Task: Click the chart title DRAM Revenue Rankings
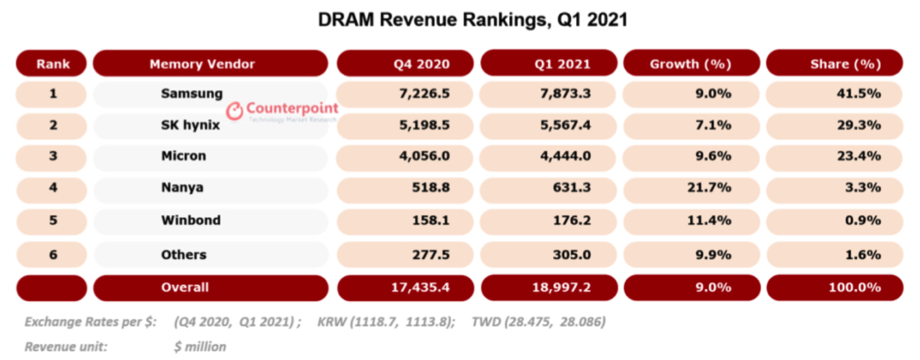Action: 459,18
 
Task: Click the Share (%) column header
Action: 834,63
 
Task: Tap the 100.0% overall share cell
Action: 854,287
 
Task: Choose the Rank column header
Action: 52,63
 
